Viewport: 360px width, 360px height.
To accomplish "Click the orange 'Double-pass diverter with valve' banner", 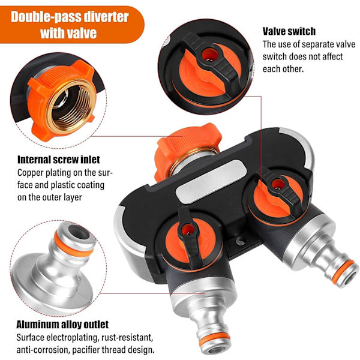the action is pyautogui.click(x=71, y=25).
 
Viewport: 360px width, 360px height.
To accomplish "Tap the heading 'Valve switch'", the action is pyautogui.click(x=289, y=31).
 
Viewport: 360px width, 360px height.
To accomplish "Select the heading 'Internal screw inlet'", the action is pyautogui.click(x=59, y=160).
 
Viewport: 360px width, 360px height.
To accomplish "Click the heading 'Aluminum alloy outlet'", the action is pyautogui.click(x=62, y=325).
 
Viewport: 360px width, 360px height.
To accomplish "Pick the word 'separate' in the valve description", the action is pyautogui.click(x=321, y=44).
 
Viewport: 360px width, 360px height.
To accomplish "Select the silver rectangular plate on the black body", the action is pyautogui.click(x=211, y=181).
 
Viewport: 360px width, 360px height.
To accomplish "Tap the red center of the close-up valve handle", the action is pyautogui.click(x=209, y=55).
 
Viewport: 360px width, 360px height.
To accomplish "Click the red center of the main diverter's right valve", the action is pyautogui.click(x=278, y=184).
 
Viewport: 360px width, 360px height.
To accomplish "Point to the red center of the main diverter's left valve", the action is pyautogui.click(x=188, y=229).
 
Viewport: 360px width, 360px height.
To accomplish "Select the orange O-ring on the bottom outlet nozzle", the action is pyautogui.click(x=214, y=338).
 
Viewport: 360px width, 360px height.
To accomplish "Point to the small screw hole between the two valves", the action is pyautogui.click(x=241, y=241).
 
